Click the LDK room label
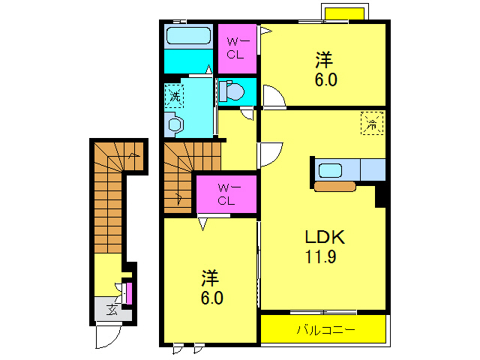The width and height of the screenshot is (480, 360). click(325, 237)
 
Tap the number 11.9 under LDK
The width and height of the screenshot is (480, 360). click(320, 256)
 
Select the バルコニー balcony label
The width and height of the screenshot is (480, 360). click(325, 330)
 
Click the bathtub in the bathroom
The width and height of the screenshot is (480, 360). click(188, 36)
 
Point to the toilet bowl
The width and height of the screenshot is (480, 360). click(232, 91)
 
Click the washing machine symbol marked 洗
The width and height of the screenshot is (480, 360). click(174, 96)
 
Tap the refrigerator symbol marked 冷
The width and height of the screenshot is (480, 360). click(372, 123)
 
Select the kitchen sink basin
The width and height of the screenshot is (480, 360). click(330, 170)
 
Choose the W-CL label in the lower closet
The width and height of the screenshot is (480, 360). click(227, 194)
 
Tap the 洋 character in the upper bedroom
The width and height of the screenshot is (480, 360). click(325, 60)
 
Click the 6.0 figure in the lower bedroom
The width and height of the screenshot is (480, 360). click(211, 298)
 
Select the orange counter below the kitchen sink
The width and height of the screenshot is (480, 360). click(335, 186)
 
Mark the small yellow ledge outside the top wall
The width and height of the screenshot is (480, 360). click(344, 13)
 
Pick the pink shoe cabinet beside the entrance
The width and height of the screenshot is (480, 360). click(129, 293)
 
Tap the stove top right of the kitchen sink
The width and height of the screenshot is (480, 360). click(373, 169)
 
